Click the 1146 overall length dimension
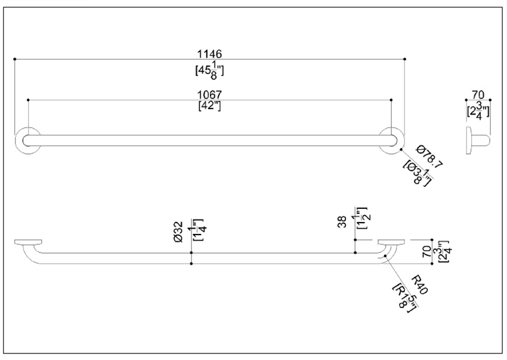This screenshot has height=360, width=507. [x=209, y=54]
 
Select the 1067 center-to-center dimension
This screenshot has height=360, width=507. [x=209, y=95]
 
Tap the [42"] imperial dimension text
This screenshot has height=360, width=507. [x=209, y=106]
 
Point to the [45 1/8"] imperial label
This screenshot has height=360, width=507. [x=209, y=70]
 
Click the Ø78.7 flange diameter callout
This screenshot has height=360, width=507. [x=429, y=157]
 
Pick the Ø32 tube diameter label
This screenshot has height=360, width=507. [x=178, y=232]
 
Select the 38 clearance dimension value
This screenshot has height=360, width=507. [x=342, y=221]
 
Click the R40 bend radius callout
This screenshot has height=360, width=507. [x=420, y=285]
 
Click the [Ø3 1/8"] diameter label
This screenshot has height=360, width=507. [x=418, y=173]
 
